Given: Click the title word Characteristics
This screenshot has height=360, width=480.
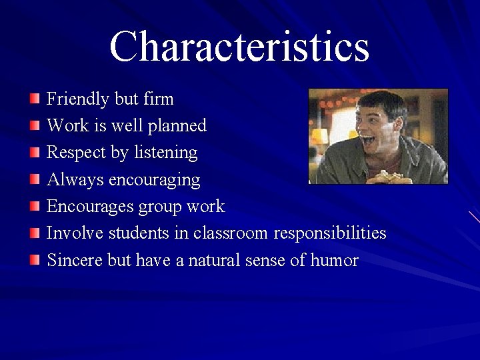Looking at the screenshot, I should tap(239, 47).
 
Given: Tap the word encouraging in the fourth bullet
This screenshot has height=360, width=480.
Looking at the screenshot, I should tap(154, 180).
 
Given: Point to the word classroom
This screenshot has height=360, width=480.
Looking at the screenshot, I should tap(231, 233).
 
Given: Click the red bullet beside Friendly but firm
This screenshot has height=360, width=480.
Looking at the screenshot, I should tap(35, 99).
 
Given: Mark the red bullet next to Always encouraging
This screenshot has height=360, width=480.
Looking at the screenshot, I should tap(35, 180).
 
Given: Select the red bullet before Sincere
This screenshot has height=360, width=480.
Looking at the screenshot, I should tap(35, 260).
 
